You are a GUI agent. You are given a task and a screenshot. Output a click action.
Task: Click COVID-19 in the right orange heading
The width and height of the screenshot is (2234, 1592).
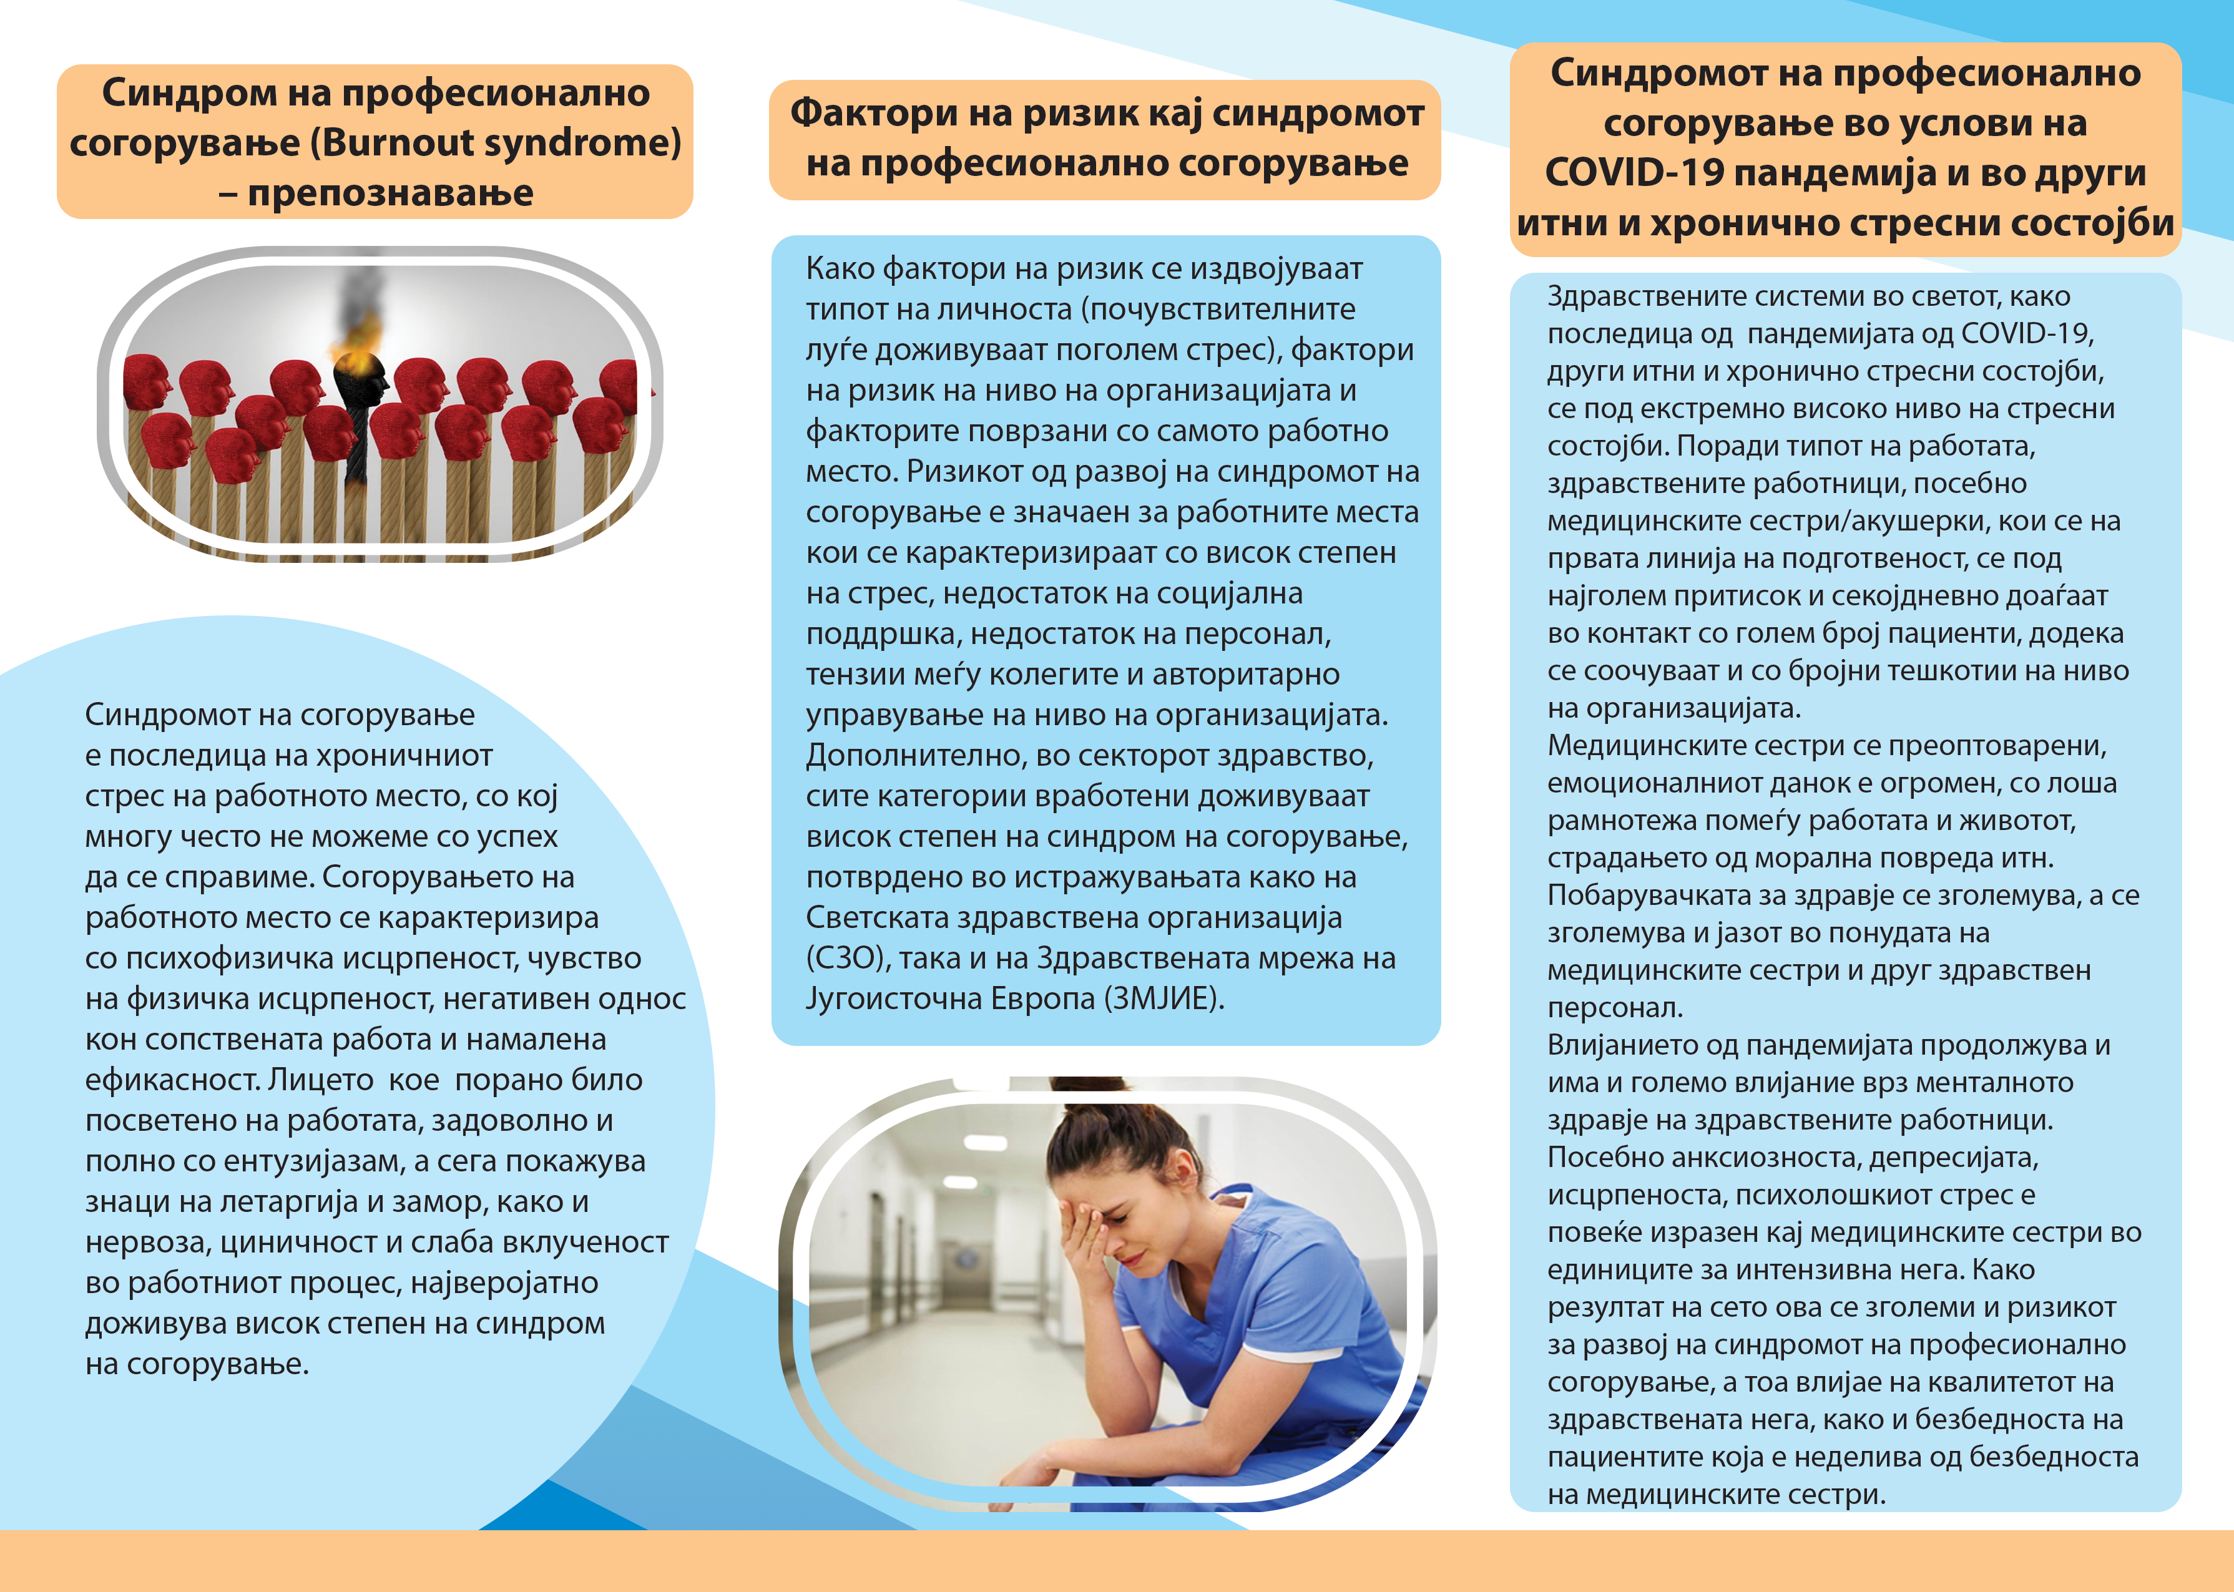click(1634, 173)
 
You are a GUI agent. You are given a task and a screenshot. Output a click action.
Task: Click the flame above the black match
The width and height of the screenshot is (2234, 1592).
click(359, 338)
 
